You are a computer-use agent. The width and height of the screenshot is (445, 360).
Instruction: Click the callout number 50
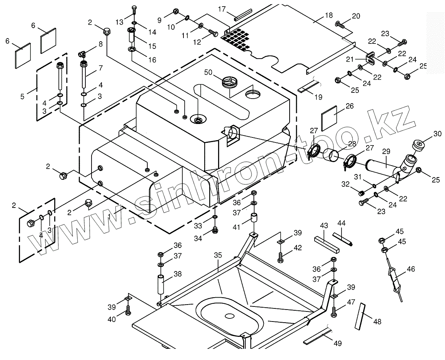coord(208,72)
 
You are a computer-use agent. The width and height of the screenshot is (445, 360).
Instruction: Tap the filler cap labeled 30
coord(418,146)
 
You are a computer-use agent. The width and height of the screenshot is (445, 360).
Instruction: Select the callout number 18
coord(328,15)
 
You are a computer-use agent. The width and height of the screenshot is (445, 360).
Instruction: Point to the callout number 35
coord(218,255)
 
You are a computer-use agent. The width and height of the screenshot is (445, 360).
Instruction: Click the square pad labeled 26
coord(329,117)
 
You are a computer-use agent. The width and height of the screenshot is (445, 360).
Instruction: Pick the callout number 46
coord(411,269)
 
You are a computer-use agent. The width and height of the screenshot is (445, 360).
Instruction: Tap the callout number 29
coord(386,151)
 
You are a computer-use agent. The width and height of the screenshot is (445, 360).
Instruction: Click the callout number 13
coord(120,22)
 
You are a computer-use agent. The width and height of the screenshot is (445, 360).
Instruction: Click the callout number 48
coord(377,321)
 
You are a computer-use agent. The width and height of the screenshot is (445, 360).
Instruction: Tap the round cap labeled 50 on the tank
coord(228,82)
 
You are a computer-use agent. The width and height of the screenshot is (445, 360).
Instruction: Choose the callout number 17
coord(222,9)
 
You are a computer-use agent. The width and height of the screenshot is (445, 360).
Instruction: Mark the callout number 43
coord(324,226)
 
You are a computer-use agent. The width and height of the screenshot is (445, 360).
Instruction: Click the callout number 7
coord(101,68)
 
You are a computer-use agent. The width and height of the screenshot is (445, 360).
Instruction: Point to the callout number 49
coord(337,343)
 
